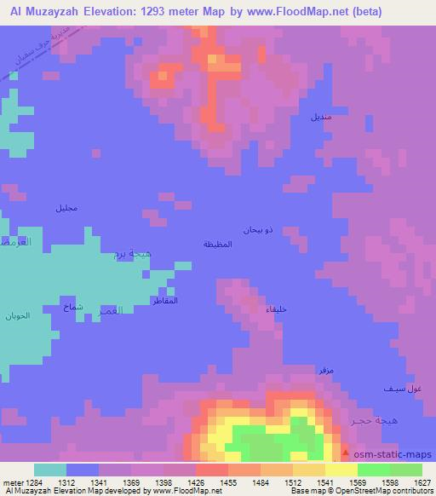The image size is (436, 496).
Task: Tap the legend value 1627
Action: coord(422,482)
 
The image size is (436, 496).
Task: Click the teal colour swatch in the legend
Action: coord(50,470)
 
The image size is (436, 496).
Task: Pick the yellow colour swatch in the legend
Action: coord(341,470)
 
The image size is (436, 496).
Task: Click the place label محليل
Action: coord(66,209)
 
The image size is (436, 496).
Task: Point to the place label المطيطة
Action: coord(219,245)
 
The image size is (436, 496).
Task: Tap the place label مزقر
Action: coord(324,371)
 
